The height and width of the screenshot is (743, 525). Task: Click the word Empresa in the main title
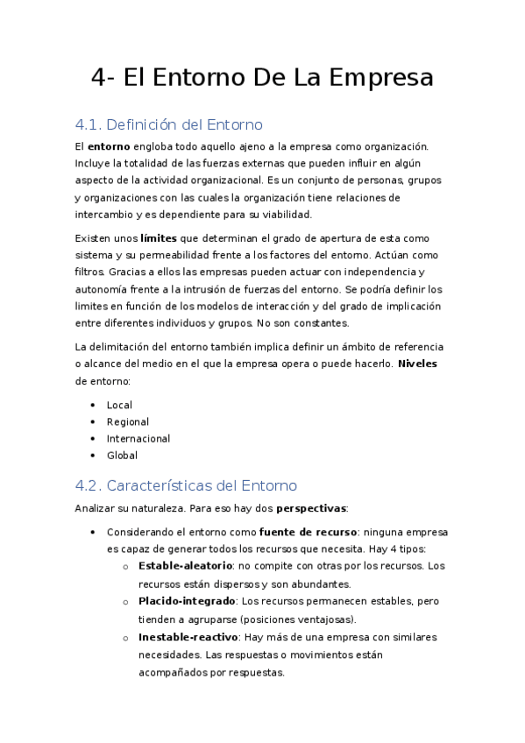(x=382, y=78)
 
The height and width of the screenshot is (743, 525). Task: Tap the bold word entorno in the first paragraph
(x=109, y=146)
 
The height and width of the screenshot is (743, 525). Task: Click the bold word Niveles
(x=417, y=364)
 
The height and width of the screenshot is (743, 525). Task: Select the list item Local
(x=120, y=405)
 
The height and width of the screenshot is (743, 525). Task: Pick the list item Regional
(x=128, y=421)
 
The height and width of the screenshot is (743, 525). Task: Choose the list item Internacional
(x=138, y=438)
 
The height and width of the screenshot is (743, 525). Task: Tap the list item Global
(x=122, y=456)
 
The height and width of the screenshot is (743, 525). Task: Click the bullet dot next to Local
(x=93, y=405)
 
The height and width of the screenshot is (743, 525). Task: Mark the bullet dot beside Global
(x=93, y=456)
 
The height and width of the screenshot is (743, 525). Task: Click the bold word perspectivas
(x=311, y=508)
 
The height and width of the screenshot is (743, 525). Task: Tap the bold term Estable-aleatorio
(x=185, y=566)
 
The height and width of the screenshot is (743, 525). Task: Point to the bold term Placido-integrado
(x=187, y=601)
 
